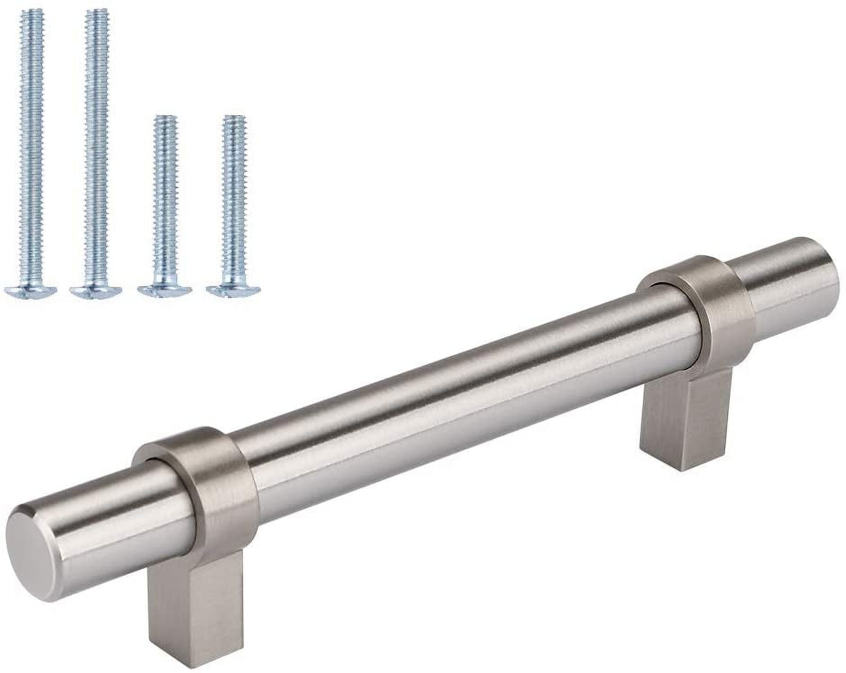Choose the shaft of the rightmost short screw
click(x=234, y=202)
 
